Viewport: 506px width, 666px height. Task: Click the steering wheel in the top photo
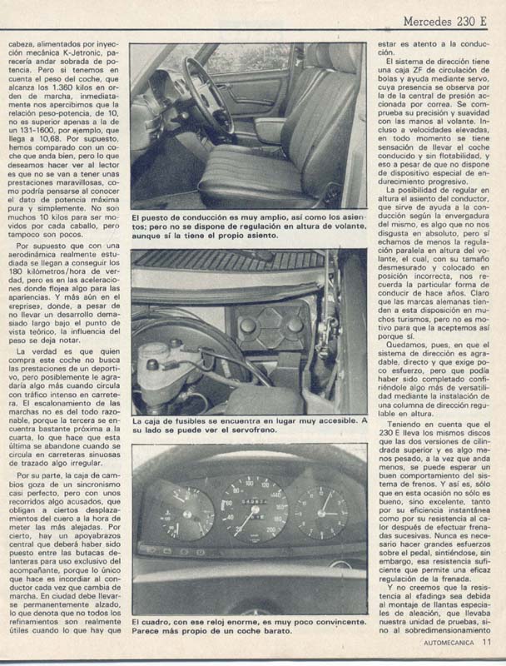click(x=205, y=96)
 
